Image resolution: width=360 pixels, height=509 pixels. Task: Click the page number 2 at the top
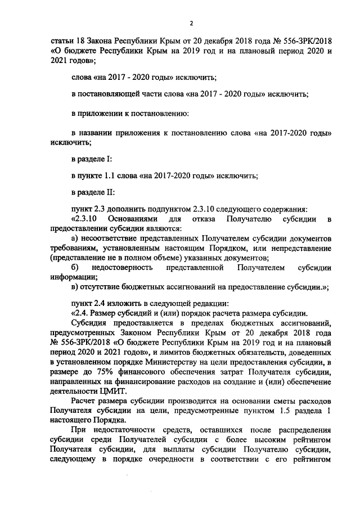(191, 23)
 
